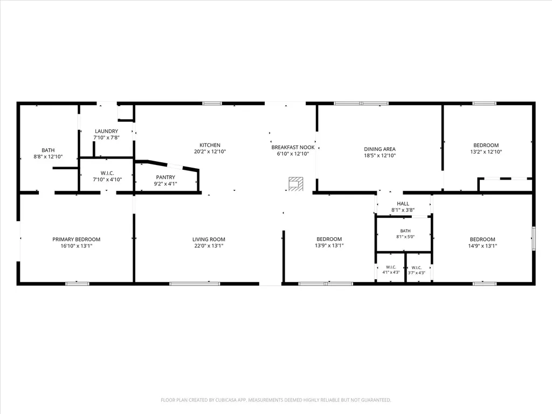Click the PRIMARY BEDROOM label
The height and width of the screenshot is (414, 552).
coord(77,239)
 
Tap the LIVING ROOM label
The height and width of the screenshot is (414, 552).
coord(209,239)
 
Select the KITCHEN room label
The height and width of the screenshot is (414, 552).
coord(210,145)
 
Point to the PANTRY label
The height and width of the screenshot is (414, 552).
coord(165,177)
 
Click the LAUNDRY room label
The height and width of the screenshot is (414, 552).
coord(106,132)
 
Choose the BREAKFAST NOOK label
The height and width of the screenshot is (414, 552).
coord(293,148)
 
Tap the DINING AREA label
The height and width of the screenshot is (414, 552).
coord(380,149)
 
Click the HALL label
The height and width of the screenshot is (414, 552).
coord(403,203)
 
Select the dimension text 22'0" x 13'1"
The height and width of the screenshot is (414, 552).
coord(209,246)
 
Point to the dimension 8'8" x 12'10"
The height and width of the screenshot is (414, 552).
coord(48,157)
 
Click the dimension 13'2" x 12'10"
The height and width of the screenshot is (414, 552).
coord(486,151)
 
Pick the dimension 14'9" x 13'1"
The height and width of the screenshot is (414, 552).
coord(482,246)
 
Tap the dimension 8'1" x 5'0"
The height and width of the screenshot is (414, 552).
coord(405,237)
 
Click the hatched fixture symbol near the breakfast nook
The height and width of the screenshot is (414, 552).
coord(296,184)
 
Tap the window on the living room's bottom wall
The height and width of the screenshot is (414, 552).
coord(195,284)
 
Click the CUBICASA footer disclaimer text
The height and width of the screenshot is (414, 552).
coord(275,400)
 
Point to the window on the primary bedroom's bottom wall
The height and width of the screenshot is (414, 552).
coord(78,284)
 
